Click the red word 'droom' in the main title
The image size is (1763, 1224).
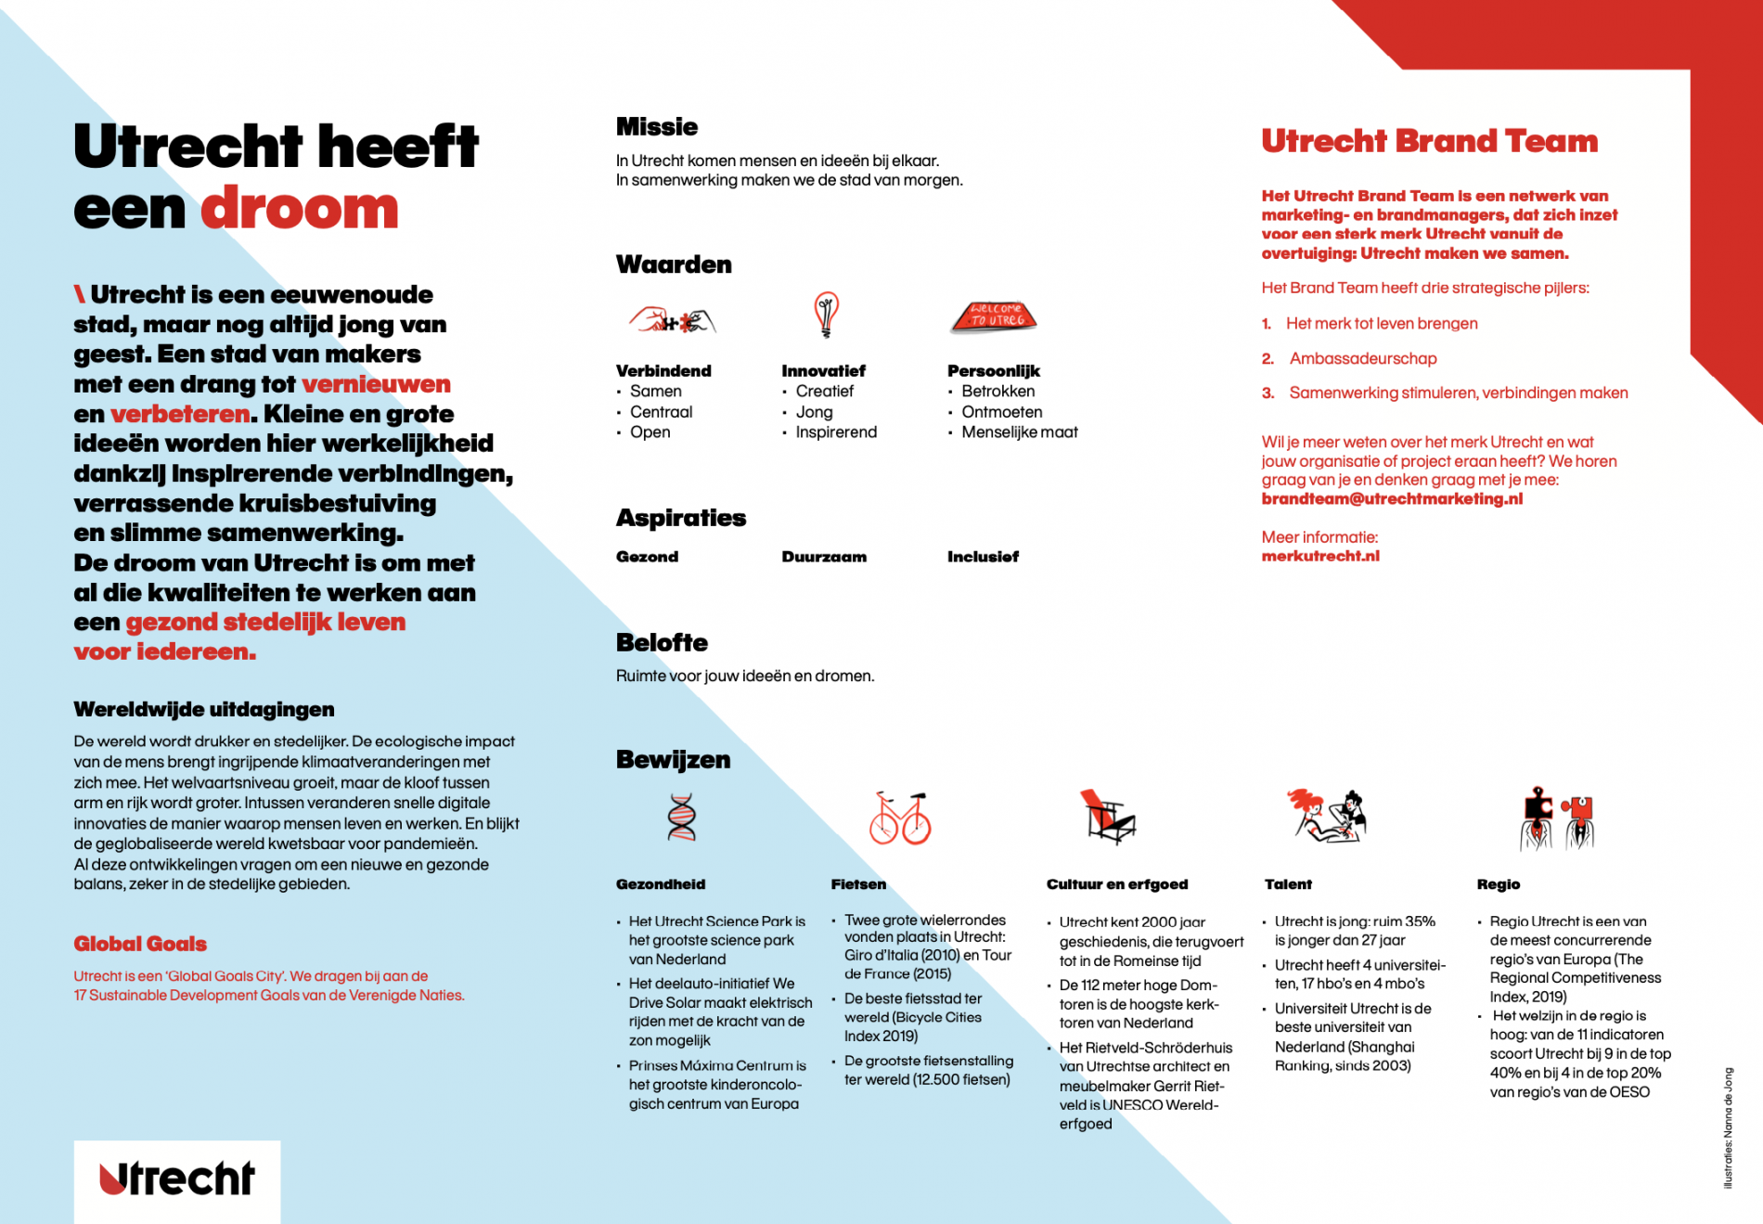tap(300, 209)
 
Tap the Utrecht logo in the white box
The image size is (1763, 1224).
tap(177, 1179)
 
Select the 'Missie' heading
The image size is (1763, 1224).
tap(657, 127)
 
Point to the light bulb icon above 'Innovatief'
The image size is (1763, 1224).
tap(826, 315)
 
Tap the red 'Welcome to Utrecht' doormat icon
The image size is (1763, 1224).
tap(994, 316)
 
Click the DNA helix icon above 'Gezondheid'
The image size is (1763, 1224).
tap(682, 818)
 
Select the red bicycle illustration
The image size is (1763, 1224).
tap(900, 818)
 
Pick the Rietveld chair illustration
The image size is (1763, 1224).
tap(1107, 817)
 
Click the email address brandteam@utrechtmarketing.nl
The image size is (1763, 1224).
tap(1392, 499)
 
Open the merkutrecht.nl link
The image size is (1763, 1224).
tap(1320, 556)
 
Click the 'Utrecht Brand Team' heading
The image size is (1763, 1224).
tap(1430, 141)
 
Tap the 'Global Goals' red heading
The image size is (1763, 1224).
tap(140, 944)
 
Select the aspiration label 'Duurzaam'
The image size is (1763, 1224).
tap(824, 557)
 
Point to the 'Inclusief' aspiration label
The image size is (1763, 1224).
tap(983, 557)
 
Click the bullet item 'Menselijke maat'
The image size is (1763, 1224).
tap(1019, 432)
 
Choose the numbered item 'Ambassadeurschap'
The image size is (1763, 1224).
tap(1362, 358)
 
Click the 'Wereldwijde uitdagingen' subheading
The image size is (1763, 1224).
tap(204, 710)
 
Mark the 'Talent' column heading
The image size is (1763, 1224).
tap(1288, 884)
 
